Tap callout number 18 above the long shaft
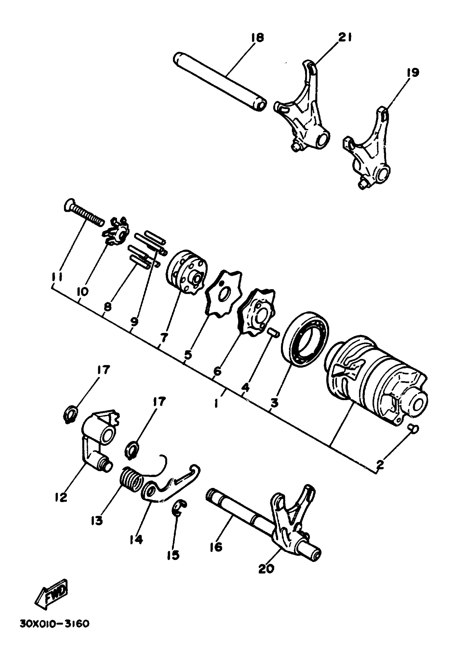pos(257,38)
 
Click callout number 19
pos(412,73)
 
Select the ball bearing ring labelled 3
pos(305,338)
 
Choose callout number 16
pos(216,547)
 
